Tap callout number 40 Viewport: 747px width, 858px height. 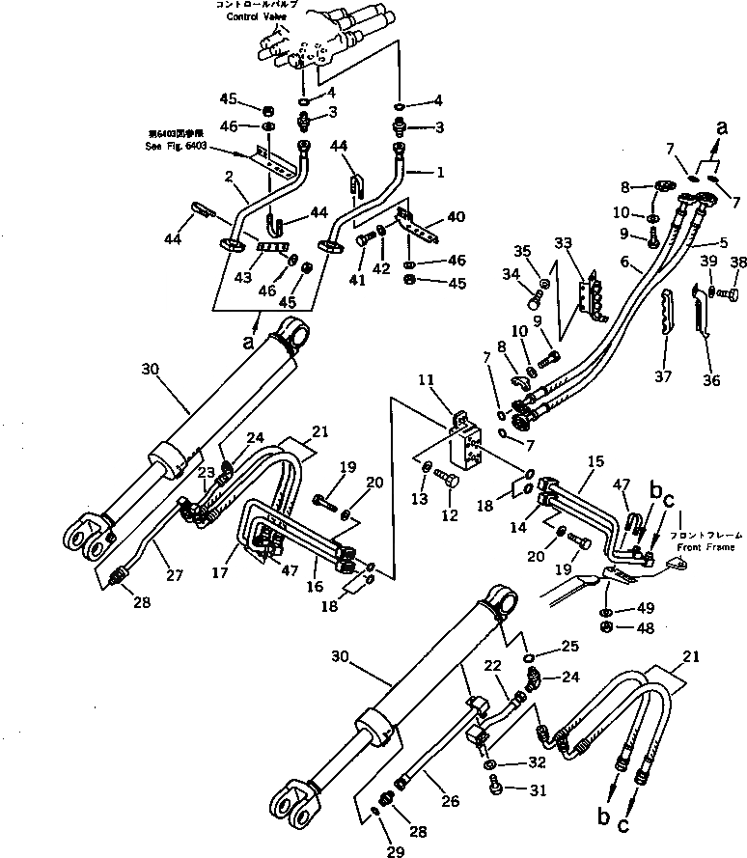pyautogui.click(x=456, y=216)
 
